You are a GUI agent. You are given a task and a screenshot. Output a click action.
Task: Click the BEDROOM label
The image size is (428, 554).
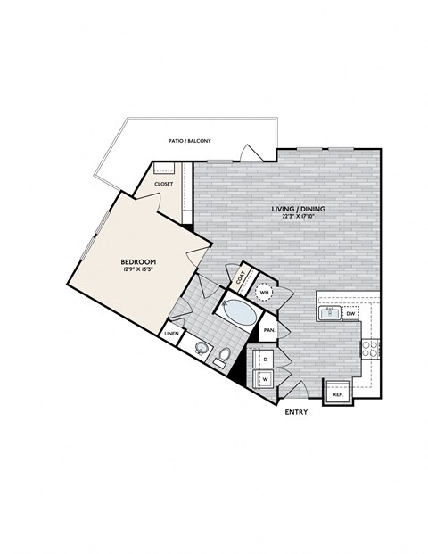point(139,261)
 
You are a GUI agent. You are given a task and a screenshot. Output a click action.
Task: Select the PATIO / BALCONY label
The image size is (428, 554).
point(188,140)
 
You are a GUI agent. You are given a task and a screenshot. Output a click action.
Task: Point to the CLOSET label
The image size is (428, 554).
point(164,183)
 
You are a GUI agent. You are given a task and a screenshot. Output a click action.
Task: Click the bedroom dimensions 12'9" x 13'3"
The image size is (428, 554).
point(139,270)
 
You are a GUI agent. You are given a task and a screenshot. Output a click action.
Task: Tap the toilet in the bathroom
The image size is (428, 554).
point(224,359)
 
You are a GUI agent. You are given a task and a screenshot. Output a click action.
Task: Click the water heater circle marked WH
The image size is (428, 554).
point(264,292)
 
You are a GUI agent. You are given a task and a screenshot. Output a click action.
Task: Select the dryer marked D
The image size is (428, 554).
point(264,360)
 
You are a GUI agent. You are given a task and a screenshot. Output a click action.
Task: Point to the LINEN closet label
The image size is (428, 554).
point(172,334)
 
